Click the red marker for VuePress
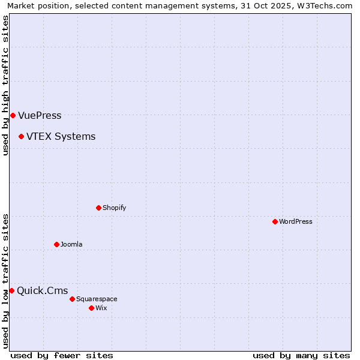(x=13, y=115)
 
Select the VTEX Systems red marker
(x=21, y=137)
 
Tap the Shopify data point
(x=98, y=208)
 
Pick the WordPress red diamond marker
(x=275, y=221)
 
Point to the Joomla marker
(x=56, y=244)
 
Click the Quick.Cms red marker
(x=11, y=291)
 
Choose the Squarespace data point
(x=72, y=299)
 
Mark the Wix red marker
(x=91, y=308)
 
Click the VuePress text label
(x=40, y=115)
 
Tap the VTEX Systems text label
(x=61, y=137)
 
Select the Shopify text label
(x=114, y=208)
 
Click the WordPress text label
(x=296, y=221)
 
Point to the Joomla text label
(x=71, y=244)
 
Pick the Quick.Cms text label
(x=42, y=291)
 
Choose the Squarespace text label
(x=97, y=299)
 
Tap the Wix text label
(x=101, y=308)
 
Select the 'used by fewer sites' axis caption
(x=62, y=355)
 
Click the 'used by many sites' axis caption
(x=301, y=355)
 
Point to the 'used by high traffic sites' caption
(x=5, y=85)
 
